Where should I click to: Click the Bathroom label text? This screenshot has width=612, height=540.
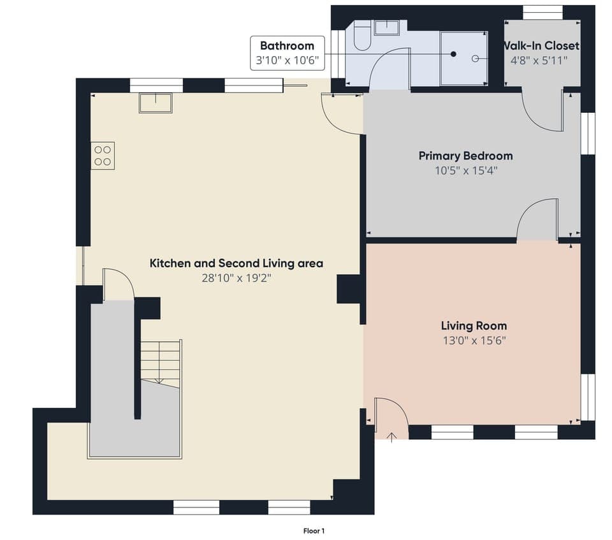(287, 46)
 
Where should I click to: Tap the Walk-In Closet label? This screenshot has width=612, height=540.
(541, 46)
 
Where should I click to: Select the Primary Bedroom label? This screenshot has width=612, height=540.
(465, 156)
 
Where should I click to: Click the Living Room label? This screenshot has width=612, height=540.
(473, 326)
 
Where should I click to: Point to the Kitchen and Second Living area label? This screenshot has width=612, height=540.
(236, 263)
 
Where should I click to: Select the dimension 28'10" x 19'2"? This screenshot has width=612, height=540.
(236, 277)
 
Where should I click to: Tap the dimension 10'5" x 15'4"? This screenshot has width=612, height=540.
(465, 170)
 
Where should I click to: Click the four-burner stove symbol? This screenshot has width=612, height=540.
(103, 156)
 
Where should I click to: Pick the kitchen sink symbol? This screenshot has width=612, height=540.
(156, 103)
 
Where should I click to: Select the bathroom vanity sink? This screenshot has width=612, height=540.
(386, 27)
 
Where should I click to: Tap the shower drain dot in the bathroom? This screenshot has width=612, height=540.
(454, 55)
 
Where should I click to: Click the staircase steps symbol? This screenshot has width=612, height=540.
(160, 363)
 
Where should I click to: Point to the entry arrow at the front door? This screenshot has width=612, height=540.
(392, 435)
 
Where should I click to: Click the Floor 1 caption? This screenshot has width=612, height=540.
(314, 530)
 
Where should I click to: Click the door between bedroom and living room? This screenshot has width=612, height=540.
(537, 220)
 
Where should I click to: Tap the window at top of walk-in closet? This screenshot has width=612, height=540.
(543, 12)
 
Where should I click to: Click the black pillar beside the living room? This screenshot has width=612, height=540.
(348, 289)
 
